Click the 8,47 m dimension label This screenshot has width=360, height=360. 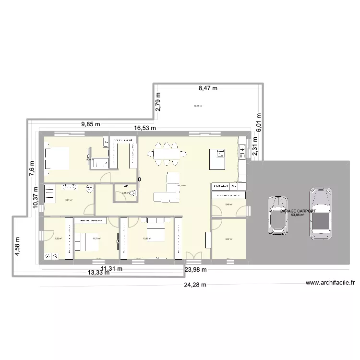point(208,88)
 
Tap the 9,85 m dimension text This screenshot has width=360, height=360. point(91,124)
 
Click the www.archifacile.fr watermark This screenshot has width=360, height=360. point(330,283)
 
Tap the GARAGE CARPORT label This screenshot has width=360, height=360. point(298,211)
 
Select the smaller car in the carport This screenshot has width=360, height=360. point(277,215)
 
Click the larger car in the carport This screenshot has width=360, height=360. point(320,213)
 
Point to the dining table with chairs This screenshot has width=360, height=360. point(167,153)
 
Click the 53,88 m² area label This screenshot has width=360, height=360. point(298,215)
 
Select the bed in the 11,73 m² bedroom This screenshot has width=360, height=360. point(87,239)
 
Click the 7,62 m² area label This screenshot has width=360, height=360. point(57,239)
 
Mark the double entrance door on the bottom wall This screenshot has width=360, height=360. point(192,257)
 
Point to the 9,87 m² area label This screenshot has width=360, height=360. point(69,200)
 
